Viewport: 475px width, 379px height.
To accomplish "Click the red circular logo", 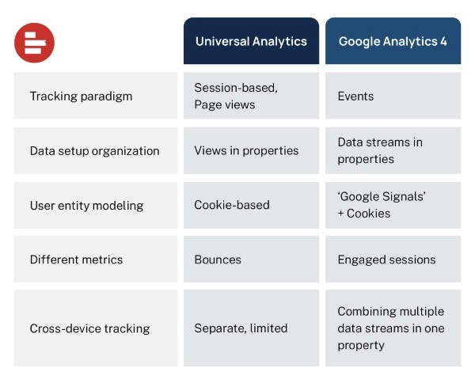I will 34,43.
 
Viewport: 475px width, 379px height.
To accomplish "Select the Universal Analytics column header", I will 251,41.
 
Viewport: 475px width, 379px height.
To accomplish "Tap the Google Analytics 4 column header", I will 393,41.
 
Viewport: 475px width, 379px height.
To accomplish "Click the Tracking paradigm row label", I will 81,97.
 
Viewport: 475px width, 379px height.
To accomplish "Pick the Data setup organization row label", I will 94,150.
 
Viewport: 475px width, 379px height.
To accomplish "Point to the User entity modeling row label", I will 86,205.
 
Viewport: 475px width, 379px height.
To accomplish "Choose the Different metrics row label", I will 76,259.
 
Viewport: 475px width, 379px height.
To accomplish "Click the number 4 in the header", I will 443,41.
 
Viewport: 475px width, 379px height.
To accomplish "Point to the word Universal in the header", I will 220,41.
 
